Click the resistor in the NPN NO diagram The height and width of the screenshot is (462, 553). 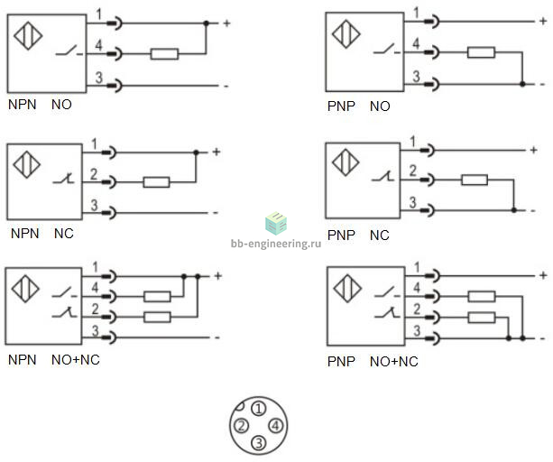click(x=164, y=54)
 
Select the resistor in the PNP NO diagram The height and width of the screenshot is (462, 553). click(x=481, y=52)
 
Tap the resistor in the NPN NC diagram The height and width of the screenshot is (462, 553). click(x=156, y=182)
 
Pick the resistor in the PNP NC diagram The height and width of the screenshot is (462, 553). click(x=475, y=180)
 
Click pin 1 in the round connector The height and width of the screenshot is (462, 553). click(x=259, y=409)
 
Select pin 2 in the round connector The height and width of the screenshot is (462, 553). click(x=241, y=426)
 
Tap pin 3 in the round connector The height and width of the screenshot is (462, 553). click(x=259, y=442)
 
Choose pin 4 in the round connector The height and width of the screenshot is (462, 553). click(x=275, y=426)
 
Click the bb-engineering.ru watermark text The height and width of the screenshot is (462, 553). click(x=276, y=244)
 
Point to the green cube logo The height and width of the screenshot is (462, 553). click(x=276, y=223)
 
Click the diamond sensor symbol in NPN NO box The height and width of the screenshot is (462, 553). click(x=28, y=35)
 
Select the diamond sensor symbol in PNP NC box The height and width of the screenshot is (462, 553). click(x=346, y=162)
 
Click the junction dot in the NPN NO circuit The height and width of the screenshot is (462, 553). click(x=207, y=23)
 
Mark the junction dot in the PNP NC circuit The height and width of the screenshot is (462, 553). click(x=514, y=210)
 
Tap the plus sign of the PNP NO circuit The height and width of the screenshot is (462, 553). click(x=543, y=21)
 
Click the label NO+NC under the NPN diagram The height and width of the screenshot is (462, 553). click(x=76, y=360)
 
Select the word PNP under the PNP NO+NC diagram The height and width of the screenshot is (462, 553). click(x=341, y=362)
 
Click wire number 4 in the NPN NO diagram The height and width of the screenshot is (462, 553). click(x=98, y=45)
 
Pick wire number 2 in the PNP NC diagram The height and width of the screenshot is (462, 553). click(x=412, y=171)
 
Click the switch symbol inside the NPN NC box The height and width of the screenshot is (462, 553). click(x=64, y=179)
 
